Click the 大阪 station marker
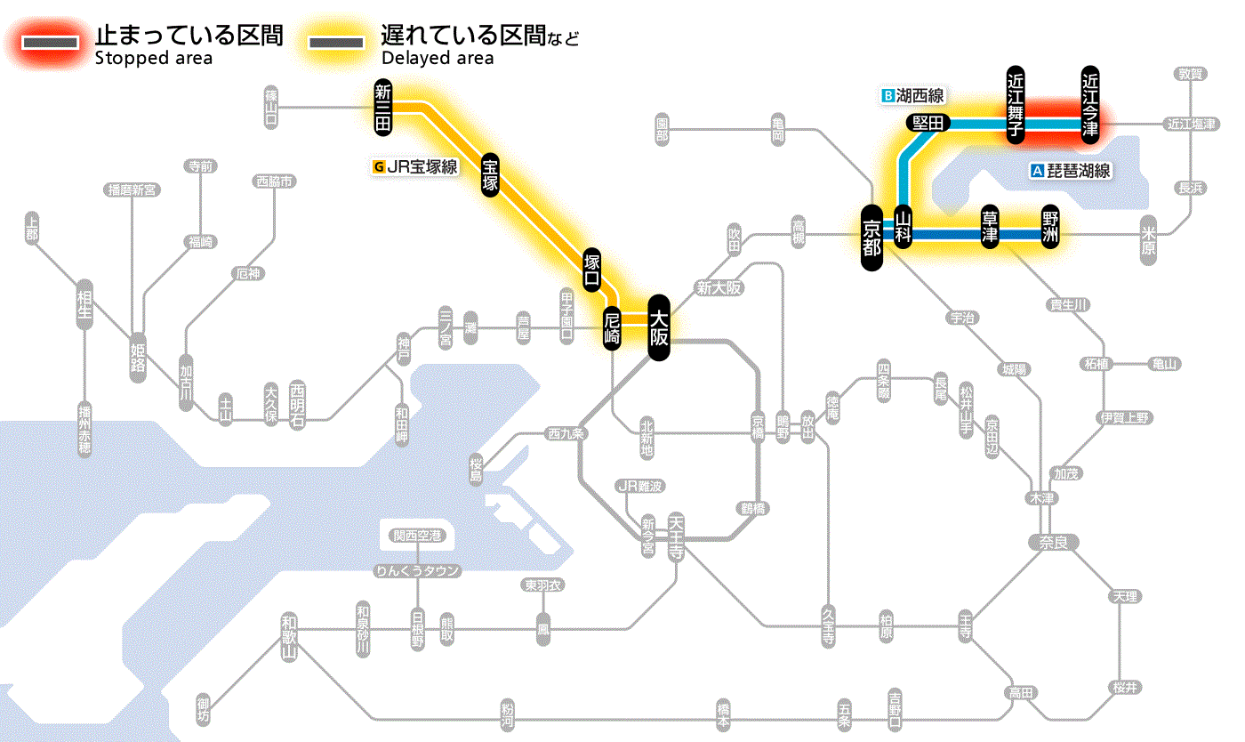point(658,327)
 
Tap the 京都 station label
point(871,237)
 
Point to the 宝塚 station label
point(491,174)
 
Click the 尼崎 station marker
point(612,328)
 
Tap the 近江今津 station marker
point(1090,105)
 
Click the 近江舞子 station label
point(1016,105)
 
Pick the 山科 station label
point(904,228)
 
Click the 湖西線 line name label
point(913,95)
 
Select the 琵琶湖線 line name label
point(1072,171)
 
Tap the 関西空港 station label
point(418,536)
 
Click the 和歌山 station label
point(288,638)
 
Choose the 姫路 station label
point(138,352)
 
